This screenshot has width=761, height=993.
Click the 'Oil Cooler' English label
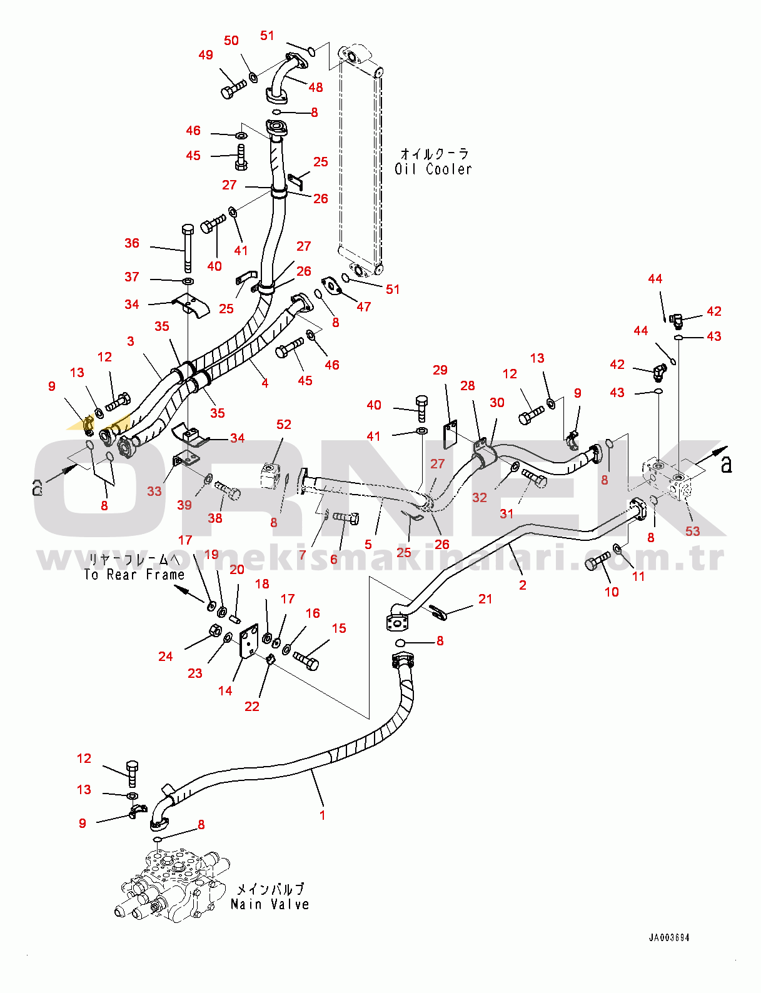point(433,169)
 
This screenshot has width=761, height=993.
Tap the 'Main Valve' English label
point(270,904)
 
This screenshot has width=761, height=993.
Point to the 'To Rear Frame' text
point(134,575)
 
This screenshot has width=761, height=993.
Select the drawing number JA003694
point(668,937)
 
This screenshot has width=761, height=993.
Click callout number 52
point(284,425)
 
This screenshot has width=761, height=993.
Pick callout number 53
point(692,531)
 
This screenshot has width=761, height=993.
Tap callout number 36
point(132,243)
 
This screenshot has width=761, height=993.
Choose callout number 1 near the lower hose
point(322,815)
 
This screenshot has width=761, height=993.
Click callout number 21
point(485,599)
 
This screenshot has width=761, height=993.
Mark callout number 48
point(316,88)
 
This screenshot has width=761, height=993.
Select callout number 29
point(440,370)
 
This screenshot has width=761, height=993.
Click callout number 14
point(225,690)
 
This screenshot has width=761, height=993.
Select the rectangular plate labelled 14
point(248,640)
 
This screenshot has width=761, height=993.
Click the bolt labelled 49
point(233,89)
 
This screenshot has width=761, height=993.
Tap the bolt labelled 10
point(597,560)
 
